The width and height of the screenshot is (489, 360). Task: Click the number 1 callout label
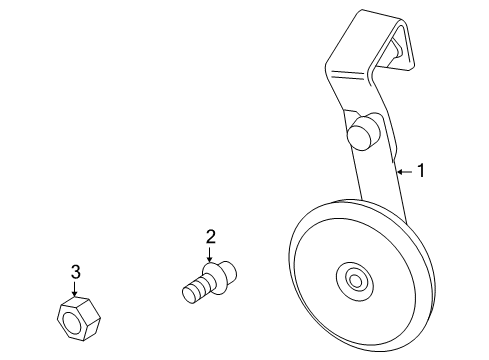421,171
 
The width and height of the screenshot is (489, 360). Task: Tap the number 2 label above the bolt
211,237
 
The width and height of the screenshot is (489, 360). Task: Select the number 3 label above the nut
76,271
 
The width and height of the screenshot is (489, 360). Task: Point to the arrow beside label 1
404,172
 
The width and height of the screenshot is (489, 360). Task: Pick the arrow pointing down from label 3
76,288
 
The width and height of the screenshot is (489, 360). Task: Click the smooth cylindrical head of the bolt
225,270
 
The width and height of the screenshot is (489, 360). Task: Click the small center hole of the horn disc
354,279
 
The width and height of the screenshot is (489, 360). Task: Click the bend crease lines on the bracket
352,75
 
